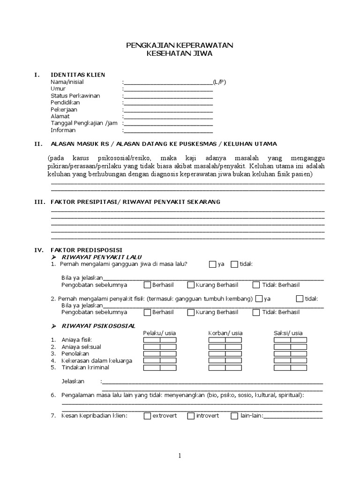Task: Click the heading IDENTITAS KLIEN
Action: pos(78,75)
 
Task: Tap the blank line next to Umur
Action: pos(168,89)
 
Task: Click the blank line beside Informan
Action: pos(168,130)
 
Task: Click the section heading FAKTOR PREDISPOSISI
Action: pos(86,250)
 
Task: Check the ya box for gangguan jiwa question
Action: pos(213,264)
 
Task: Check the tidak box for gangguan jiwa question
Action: pos(234,264)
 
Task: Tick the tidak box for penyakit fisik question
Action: pos(300,299)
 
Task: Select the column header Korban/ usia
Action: pos(225,333)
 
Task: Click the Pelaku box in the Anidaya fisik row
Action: pos(152,340)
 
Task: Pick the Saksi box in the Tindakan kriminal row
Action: pos(282,368)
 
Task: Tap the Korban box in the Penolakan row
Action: pos(217,354)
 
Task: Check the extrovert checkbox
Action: pos(147,416)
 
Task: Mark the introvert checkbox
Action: pos(191,416)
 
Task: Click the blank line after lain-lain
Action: pos(293,416)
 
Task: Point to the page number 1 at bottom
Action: pos(180,456)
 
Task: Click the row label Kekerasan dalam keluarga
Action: pos(97,361)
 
